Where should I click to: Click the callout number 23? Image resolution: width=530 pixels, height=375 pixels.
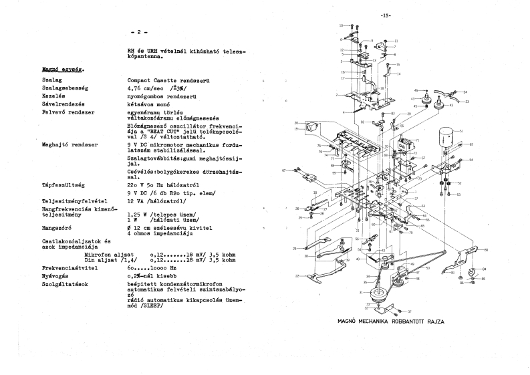[x=467, y=101]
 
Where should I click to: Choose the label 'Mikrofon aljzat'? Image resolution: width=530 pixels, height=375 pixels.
[x=108, y=255]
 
